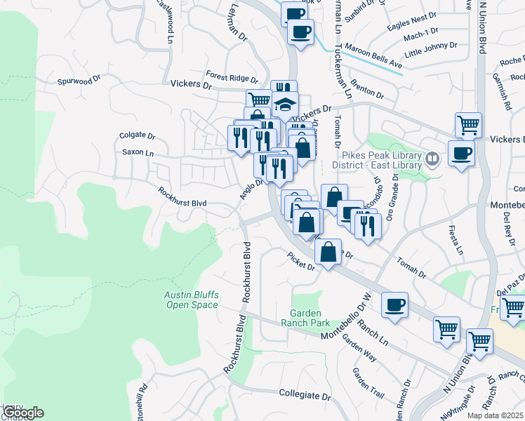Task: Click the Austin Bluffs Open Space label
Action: point(192,300)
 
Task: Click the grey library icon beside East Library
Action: point(433,159)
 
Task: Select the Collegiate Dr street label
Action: point(305,396)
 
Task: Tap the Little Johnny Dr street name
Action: point(431,49)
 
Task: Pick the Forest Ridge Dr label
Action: point(232,76)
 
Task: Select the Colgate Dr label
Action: point(137,135)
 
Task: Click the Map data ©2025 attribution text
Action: point(496,415)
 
